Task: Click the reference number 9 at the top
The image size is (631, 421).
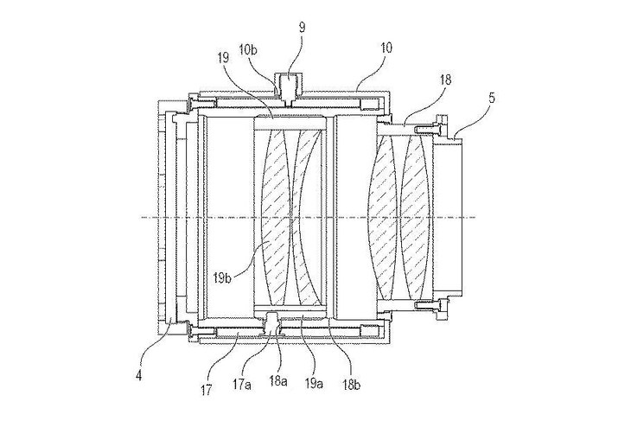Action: pos(303,28)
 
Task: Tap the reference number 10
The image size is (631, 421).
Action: pos(386,48)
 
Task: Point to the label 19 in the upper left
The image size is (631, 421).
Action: pos(223,58)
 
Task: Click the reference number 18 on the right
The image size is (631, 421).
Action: pos(445,80)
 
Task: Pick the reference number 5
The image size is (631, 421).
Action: pos(492,99)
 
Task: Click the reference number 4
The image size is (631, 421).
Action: pos(139,376)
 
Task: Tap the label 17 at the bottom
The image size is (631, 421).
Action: pos(206,390)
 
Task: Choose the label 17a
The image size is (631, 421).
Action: pos(242,386)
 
